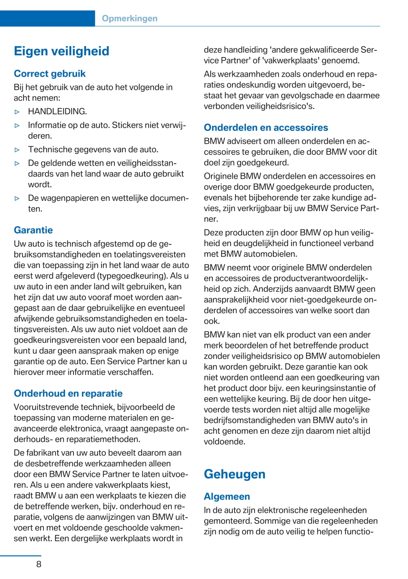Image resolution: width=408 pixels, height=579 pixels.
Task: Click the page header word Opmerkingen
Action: pos(129,19)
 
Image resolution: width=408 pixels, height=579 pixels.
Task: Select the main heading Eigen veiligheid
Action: pos(62,51)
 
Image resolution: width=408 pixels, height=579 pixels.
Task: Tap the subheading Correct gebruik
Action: pos(50,74)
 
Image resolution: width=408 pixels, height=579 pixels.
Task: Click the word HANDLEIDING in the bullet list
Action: pos(57,111)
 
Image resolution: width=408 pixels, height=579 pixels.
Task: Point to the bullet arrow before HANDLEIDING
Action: pos(17,112)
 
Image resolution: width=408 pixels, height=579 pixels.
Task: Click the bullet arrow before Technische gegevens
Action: pos(17,150)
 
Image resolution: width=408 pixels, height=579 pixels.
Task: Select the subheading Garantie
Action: pos(33,230)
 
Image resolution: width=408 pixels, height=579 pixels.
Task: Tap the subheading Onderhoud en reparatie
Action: pos(68,393)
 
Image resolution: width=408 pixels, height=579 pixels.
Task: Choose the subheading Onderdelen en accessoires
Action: pos(266,127)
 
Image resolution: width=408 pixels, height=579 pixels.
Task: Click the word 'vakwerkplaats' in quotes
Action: pos(291,61)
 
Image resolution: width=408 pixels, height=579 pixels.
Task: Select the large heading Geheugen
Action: pos(234,474)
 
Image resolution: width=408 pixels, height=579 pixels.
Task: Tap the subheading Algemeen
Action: pos(227,496)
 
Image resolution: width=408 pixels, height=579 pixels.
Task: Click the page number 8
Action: pos(38,564)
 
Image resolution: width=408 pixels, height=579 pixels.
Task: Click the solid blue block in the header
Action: pos(47,19)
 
